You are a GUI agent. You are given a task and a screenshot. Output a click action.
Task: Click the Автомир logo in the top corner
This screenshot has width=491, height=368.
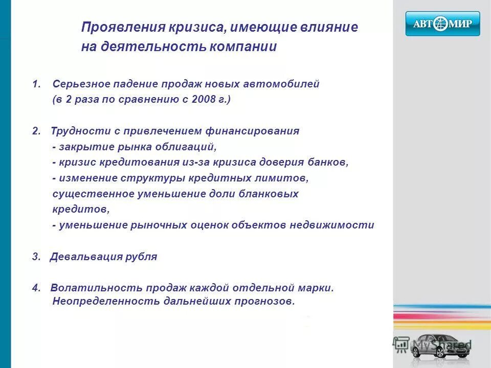[x=442, y=24]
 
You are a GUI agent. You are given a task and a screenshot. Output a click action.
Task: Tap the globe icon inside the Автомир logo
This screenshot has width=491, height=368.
[x=440, y=24]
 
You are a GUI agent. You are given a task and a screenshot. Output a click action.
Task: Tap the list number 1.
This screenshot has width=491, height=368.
[x=35, y=84]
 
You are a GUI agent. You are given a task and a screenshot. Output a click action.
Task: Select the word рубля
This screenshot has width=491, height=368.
[x=141, y=257]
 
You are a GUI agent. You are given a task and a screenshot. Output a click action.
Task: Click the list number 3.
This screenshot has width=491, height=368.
[x=35, y=257]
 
